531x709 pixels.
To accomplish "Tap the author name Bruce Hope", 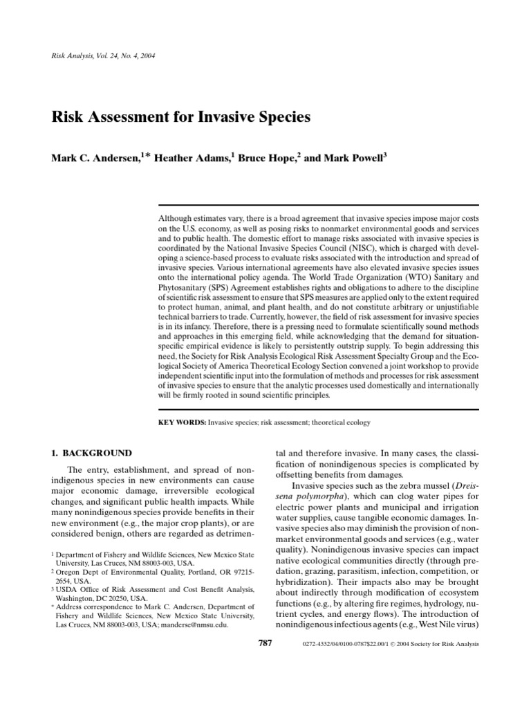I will click(270, 158).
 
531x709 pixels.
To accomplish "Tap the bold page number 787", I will click(265, 643).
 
